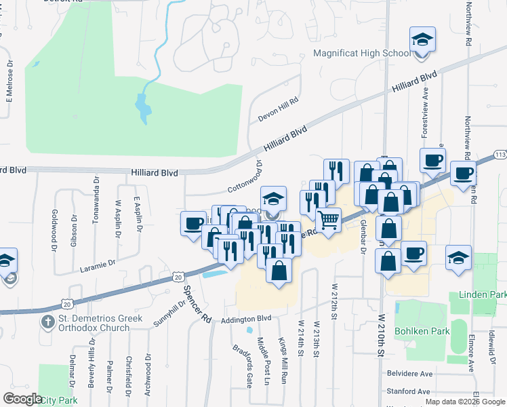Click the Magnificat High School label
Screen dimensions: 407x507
click(362, 54)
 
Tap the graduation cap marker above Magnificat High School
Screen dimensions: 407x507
click(422, 39)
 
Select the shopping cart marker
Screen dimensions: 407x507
click(328, 220)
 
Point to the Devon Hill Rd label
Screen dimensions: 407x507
click(278, 109)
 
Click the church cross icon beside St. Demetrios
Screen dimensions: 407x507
click(48, 319)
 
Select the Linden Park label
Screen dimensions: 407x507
click(483, 296)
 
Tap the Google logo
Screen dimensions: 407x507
click(23, 399)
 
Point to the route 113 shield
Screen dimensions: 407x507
click(500, 154)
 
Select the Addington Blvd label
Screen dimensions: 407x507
click(245, 318)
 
